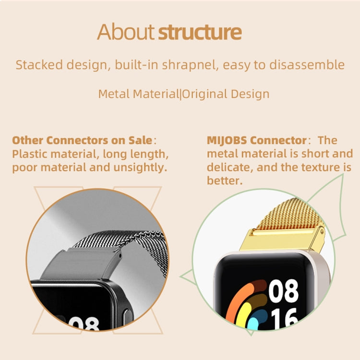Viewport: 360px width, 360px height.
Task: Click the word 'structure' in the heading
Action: tap(200, 32)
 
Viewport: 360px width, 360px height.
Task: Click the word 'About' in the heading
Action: tap(126, 32)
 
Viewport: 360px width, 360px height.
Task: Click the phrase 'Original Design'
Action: tap(226, 94)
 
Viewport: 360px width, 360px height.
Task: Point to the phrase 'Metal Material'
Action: tap(138, 94)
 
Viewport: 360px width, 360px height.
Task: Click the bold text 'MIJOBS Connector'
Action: tap(257, 141)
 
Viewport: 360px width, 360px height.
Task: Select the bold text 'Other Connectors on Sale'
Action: tap(82, 141)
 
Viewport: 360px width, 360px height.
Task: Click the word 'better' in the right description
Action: tap(223, 181)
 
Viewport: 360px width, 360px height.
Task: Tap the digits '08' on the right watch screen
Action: tap(283, 291)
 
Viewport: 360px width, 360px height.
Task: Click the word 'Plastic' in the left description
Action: tap(29, 154)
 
